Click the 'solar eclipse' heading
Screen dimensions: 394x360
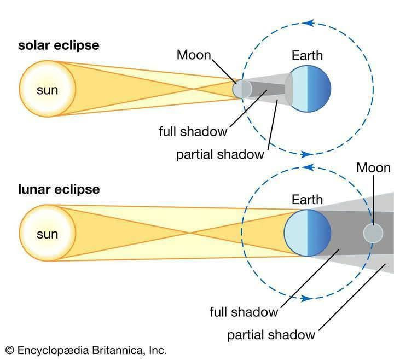pyautogui.click(x=59, y=46)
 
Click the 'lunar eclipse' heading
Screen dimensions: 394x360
pyautogui.click(x=59, y=190)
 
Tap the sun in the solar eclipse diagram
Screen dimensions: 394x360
pyautogui.click(x=47, y=89)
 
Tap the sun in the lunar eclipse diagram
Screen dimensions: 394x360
pyautogui.click(x=47, y=233)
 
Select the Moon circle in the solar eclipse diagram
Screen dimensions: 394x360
pyautogui.click(x=242, y=89)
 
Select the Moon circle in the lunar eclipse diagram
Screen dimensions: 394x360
pyautogui.click(x=373, y=233)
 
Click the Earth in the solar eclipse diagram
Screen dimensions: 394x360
pyautogui.click(x=308, y=89)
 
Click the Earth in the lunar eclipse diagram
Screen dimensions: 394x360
pyautogui.click(x=308, y=233)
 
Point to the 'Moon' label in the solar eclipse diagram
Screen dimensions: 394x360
pyautogui.click(x=194, y=55)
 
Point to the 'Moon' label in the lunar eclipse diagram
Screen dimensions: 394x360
pyautogui.click(x=373, y=167)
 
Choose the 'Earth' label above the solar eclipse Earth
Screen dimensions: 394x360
pyautogui.click(x=307, y=55)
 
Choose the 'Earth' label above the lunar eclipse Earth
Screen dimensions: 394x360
pyautogui.click(x=307, y=200)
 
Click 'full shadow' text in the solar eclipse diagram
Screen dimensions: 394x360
pyautogui.click(x=193, y=131)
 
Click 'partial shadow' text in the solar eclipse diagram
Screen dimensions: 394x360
pyautogui.click(x=220, y=154)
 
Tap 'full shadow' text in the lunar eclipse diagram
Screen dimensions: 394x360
pyautogui.click(x=244, y=312)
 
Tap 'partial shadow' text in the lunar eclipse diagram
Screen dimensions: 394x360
pyautogui.click(x=271, y=335)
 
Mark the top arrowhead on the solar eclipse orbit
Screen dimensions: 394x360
pyautogui.click(x=308, y=23)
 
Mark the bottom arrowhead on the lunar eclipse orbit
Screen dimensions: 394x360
pyautogui.click(x=306, y=299)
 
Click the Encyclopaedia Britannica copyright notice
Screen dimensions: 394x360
pyautogui.click(x=86, y=350)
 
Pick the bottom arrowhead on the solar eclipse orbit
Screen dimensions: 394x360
pyautogui.click(x=306, y=154)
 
